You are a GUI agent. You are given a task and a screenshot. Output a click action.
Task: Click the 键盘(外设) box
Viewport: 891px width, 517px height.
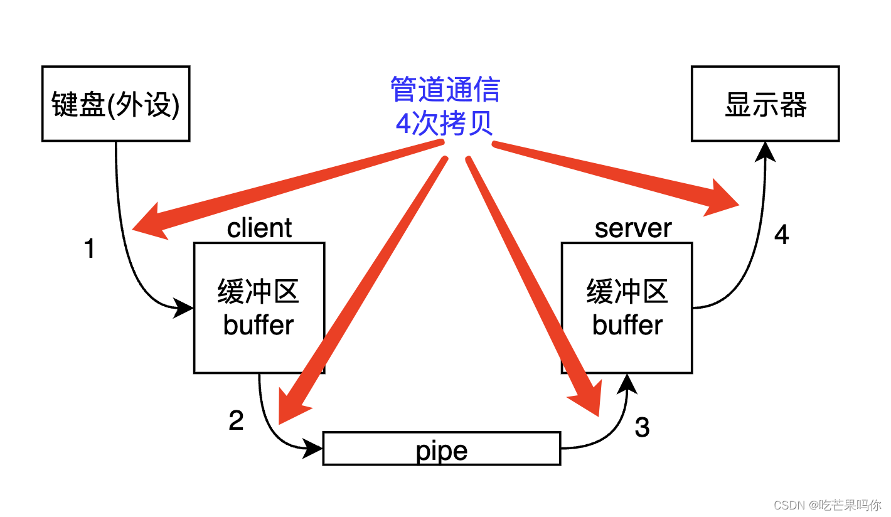(115, 104)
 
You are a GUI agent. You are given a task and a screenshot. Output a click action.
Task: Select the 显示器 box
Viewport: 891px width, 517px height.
(765, 104)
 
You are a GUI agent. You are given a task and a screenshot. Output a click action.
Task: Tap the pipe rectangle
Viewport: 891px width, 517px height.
(441, 449)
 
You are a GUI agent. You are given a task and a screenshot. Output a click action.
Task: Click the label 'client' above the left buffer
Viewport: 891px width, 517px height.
(259, 228)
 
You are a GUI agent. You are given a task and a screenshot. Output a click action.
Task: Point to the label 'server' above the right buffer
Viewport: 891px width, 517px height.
(632, 228)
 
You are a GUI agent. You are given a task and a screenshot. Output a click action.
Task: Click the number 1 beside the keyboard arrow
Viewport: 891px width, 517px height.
(90, 249)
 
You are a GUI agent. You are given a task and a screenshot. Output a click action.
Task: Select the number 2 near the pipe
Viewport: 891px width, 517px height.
(236, 420)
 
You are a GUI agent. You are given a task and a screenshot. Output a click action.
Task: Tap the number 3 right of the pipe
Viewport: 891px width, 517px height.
(642, 427)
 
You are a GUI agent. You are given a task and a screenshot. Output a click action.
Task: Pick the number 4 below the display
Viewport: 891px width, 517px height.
(781, 235)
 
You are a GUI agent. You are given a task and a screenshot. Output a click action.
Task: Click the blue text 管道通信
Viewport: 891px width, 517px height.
(445, 89)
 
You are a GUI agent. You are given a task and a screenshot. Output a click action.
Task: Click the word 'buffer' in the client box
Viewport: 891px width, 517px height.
(259, 325)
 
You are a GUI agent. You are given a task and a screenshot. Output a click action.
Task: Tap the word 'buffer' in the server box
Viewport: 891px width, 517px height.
(627, 325)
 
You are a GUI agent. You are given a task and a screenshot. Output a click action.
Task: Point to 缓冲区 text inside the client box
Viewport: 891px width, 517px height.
(259, 292)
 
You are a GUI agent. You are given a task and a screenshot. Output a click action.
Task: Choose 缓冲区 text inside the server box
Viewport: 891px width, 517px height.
(627, 292)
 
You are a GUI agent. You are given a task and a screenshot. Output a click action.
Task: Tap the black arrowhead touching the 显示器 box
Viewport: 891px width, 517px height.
(765, 151)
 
